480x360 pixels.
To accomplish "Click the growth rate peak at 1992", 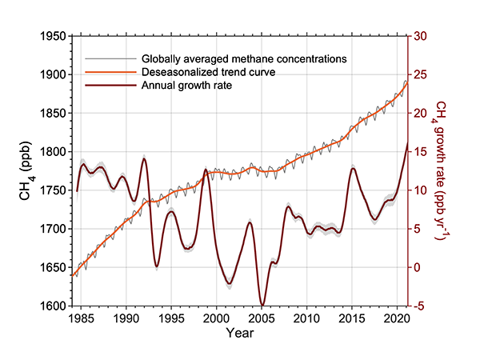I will click(x=144, y=158).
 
